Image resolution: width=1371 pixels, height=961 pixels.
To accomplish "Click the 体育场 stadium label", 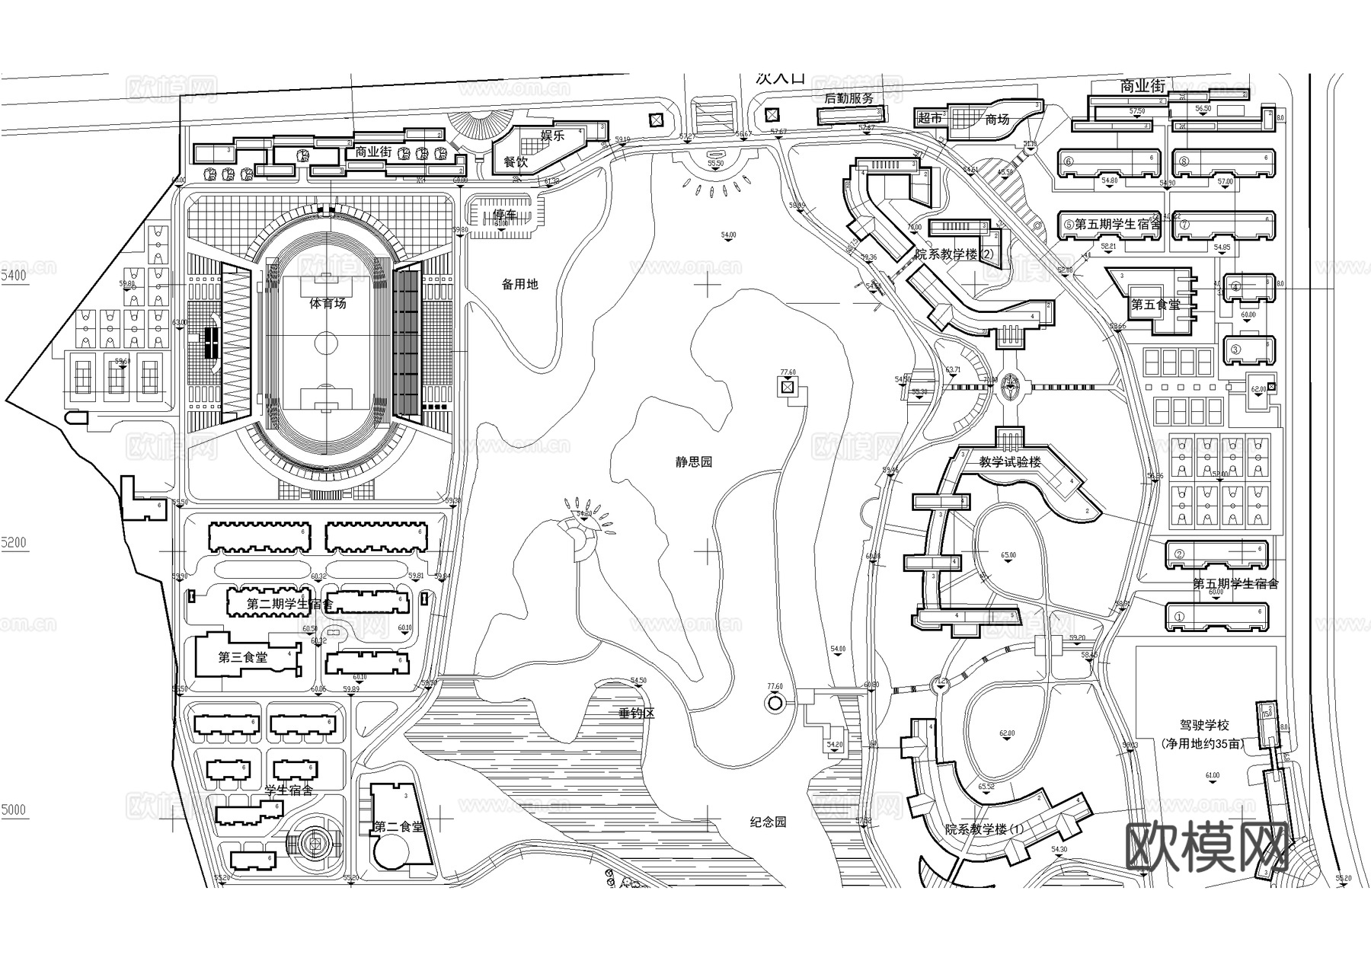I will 328,303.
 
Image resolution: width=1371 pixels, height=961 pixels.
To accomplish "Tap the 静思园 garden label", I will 693,462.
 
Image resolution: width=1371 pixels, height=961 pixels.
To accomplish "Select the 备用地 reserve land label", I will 519,284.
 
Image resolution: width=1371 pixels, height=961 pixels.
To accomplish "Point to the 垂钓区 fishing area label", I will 637,714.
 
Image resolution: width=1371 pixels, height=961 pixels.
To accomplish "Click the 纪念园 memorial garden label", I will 767,822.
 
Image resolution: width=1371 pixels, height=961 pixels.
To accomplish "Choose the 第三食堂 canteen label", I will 243,657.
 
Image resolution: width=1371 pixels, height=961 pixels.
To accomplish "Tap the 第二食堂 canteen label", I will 398,827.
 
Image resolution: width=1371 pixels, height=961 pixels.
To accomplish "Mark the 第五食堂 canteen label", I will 1155,305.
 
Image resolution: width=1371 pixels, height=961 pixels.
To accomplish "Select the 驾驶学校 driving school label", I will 1202,726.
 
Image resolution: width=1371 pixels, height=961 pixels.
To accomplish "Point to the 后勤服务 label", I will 849,98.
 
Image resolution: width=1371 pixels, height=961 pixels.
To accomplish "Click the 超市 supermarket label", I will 930,118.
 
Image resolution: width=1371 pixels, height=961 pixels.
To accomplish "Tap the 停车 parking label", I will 504,214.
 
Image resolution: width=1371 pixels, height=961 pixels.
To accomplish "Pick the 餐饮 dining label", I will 516,162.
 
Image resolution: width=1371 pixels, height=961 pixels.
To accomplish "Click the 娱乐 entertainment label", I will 551,136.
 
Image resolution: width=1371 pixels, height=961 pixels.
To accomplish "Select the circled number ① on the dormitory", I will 1179,617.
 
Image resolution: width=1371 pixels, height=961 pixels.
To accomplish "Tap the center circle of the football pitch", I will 326,344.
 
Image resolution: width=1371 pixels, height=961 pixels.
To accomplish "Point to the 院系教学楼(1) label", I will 985,829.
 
